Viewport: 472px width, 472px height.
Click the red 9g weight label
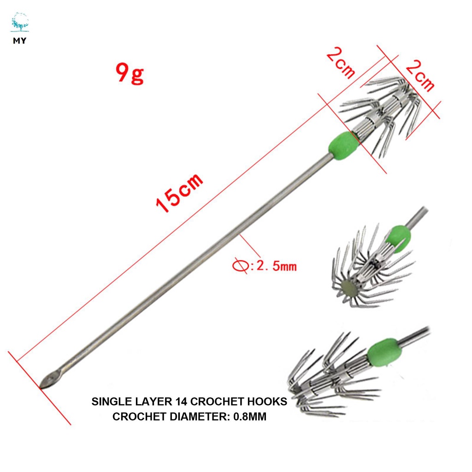click(x=130, y=73)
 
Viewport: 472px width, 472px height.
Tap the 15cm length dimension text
click(x=179, y=193)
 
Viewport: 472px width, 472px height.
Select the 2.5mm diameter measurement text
click(x=277, y=266)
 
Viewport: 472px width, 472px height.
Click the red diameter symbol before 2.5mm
click(x=241, y=266)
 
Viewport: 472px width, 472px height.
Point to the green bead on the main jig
click(x=343, y=146)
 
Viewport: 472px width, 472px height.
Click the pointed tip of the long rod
click(x=41, y=387)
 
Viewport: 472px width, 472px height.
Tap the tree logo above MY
click(x=20, y=22)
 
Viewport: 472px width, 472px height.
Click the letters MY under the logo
click(x=19, y=41)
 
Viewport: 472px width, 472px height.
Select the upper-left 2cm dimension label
click(x=341, y=64)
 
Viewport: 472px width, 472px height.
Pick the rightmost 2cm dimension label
click(x=420, y=75)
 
